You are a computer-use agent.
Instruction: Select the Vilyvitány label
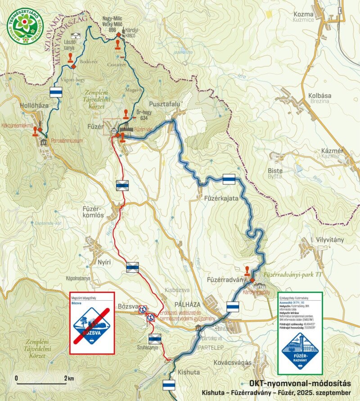point(329,240)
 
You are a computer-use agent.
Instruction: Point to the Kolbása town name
point(319,95)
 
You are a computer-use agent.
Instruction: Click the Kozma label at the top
point(315,14)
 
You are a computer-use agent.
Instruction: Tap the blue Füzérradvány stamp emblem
point(300,349)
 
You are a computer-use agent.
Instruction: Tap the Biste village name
point(275,171)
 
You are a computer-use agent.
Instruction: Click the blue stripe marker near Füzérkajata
point(229,179)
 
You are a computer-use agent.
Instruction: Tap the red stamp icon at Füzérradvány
point(247,271)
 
